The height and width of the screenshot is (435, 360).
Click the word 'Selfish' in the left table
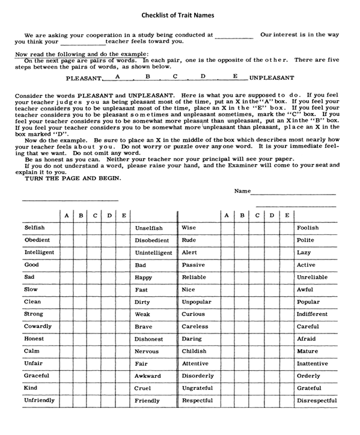pyautogui.click(x=34, y=228)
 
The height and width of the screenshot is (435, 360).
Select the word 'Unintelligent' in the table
pyautogui.click(x=153, y=253)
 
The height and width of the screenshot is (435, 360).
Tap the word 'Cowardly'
pyautogui.click(x=37, y=327)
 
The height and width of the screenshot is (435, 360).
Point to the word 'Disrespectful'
pyautogui.click(x=317, y=401)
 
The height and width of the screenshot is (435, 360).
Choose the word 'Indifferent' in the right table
pyautogui.click(x=312, y=314)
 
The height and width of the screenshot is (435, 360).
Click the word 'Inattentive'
pyautogui.click(x=313, y=364)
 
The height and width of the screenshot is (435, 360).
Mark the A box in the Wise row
pyautogui.click(x=227, y=228)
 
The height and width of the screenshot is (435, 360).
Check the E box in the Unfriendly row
pyautogui.click(x=123, y=401)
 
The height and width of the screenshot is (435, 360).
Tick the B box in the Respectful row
pyautogui.click(x=242, y=401)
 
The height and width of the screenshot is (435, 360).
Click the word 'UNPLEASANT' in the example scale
pyautogui.click(x=272, y=78)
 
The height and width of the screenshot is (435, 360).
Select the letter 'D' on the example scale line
pyautogui.click(x=203, y=76)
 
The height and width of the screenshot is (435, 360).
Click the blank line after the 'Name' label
pyautogui.click(x=293, y=193)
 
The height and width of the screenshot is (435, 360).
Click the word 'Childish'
pyautogui.click(x=194, y=351)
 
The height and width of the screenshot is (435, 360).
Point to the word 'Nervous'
pyautogui.click(x=147, y=351)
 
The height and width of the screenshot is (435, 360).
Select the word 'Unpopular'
pyautogui.click(x=196, y=302)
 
